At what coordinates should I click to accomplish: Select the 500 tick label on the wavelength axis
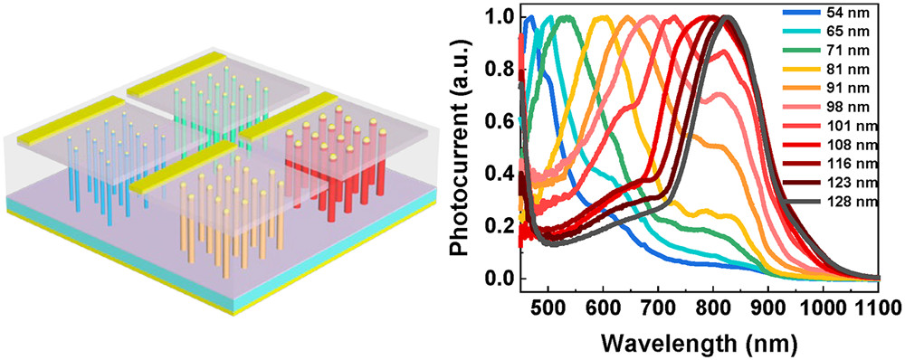[x=548, y=306]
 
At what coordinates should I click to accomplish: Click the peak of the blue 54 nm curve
[x=529, y=17]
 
